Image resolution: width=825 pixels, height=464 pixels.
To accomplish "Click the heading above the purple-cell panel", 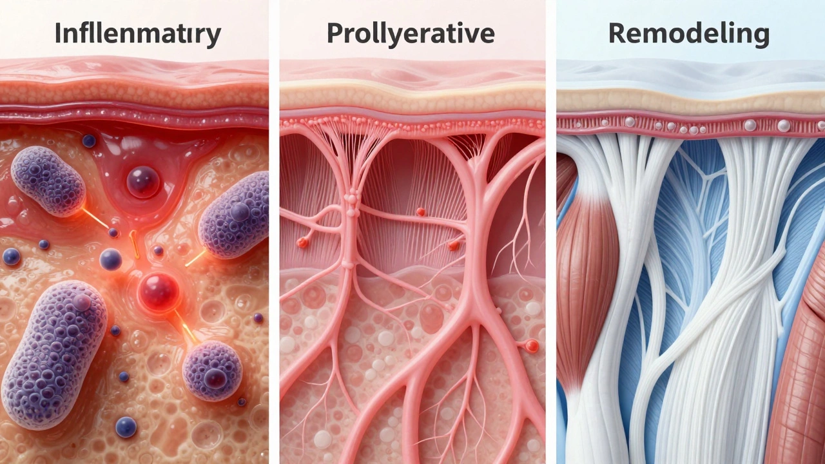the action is point(138,35).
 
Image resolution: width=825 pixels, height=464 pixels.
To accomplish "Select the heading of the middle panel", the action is point(411,35).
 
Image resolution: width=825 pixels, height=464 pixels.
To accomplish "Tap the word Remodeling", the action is point(689,35).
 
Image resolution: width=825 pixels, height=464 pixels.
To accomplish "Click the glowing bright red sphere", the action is point(159,291).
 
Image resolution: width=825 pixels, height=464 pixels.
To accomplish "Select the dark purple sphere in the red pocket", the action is point(143,182).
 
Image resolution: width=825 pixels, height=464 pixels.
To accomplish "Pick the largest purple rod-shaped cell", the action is point(54,354).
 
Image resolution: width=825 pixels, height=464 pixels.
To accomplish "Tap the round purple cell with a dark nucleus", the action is point(212,371).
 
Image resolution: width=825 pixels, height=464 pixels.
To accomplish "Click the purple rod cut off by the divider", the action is point(234,215).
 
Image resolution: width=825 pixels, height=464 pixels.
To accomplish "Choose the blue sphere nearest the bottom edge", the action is point(126,427).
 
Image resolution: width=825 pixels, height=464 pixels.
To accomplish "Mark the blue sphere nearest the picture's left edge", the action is point(12,256).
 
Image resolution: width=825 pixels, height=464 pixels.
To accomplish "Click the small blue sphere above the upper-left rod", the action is point(89,140).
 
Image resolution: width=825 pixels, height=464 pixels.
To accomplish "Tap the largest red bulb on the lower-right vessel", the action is point(532,346).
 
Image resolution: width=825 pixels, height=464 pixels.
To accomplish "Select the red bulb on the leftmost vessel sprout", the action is point(302,242).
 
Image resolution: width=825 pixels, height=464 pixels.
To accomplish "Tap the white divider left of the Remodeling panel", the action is point(551,232).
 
